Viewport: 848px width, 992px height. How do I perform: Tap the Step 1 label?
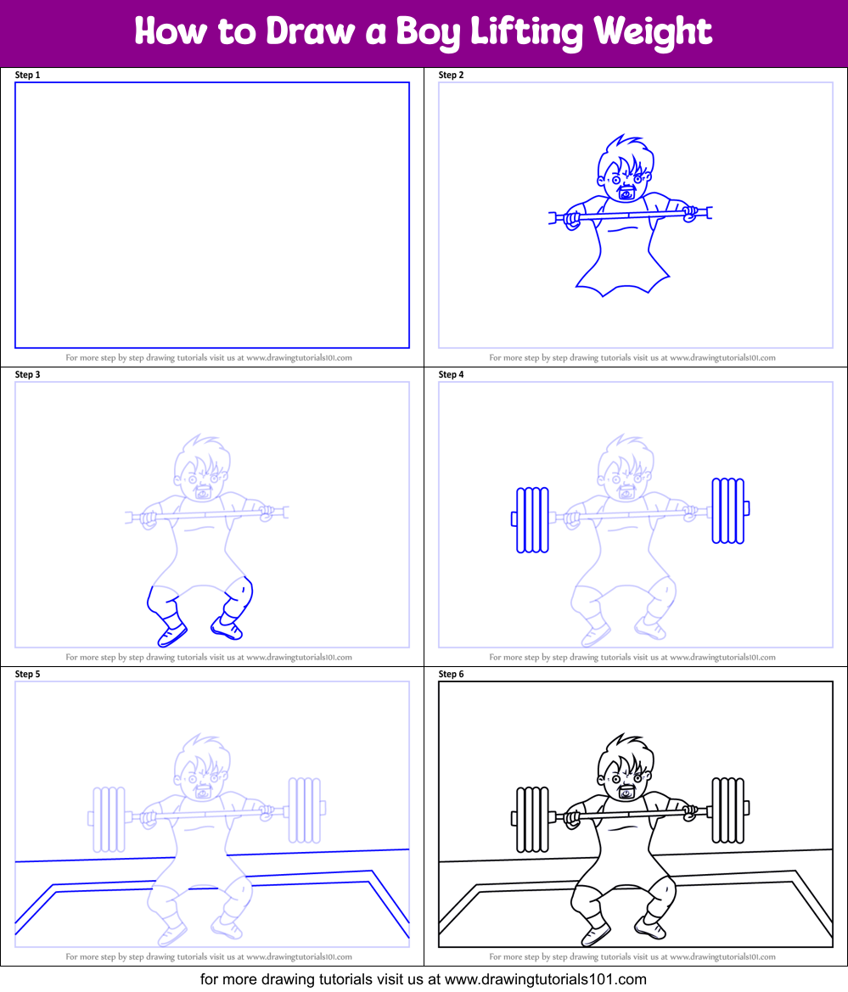point(28,75)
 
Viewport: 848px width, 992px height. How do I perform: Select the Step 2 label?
point(452,75)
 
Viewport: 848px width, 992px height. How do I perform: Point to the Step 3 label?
point(28,374)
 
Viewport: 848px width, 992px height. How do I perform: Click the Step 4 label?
point(452,374)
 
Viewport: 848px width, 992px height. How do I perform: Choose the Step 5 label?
point(28,674)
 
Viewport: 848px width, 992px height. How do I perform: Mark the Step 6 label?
point(452,674)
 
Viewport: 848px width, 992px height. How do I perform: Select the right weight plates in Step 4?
point(727,510)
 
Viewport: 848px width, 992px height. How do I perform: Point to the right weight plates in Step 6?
point(727,810)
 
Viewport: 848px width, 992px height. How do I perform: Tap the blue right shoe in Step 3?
point(228,629)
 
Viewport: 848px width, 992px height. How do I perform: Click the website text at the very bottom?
point(423,978)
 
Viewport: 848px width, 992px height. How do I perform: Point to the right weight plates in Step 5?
point(303,810)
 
